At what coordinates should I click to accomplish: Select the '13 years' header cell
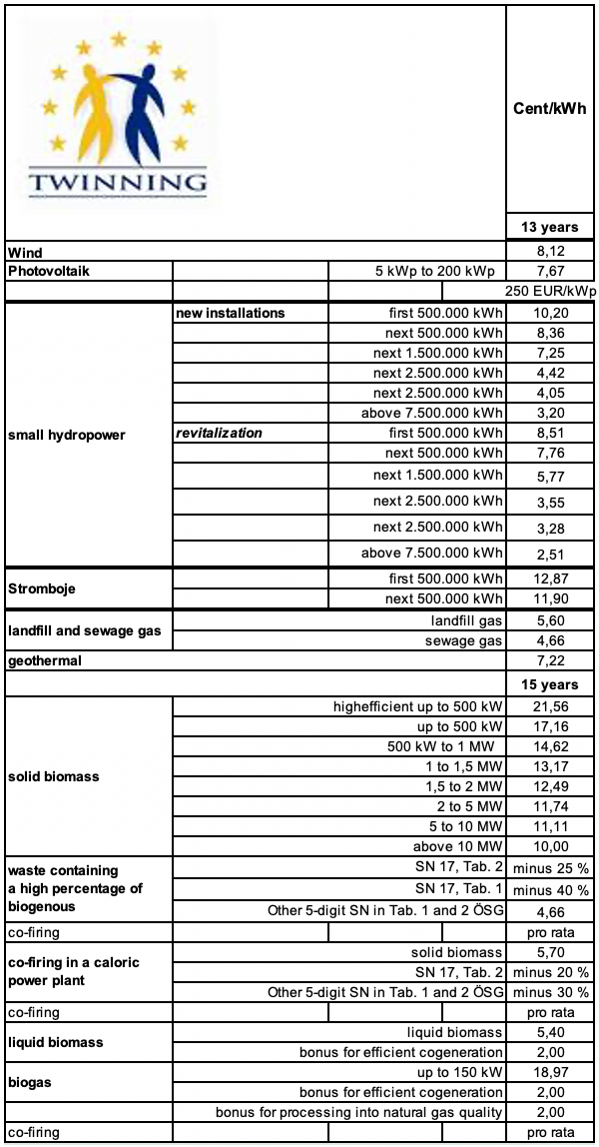pyautogui.click(x=550, y=227)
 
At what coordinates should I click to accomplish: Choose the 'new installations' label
pyautogui.click(x=231, y=313)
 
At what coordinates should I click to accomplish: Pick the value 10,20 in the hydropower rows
pyautogui.click(x=550, y=313)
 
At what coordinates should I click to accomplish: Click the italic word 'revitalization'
pyautogui.click(x=220, y=434)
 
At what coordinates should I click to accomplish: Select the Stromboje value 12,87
pyautogui.click(x=550, y=580)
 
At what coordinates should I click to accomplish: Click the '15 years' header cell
pyautogui.click(x=550, y=684)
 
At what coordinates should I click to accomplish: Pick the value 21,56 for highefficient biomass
pyautogui.click(x=550, y=706)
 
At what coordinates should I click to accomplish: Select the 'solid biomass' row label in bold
pyautogui.click(x=51, y=776)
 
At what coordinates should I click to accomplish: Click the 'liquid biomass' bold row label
pyautogui.click(x=57, y=1042)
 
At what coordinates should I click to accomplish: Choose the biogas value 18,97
pyautogui.click(x=550, y=1072)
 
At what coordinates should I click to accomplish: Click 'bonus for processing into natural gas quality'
pyautogui.click(x=359, y=1112)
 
